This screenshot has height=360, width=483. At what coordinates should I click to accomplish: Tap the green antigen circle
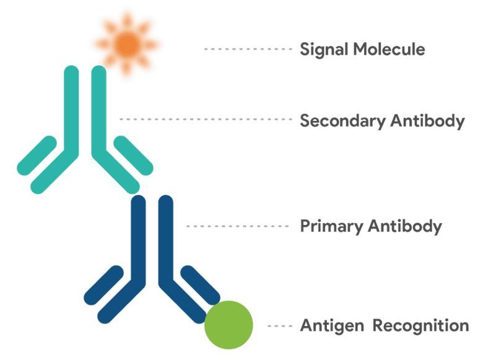228,325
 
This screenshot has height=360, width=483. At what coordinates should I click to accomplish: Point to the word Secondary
341,121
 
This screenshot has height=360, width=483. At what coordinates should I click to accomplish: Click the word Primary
331,226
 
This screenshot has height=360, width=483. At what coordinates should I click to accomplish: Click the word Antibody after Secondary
427,121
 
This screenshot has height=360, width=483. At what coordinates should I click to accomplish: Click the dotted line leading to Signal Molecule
248,48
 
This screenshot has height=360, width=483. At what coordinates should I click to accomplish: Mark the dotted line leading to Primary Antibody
238,226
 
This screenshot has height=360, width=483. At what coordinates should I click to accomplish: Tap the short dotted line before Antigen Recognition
279,326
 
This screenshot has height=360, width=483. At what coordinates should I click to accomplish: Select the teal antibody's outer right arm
134,154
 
